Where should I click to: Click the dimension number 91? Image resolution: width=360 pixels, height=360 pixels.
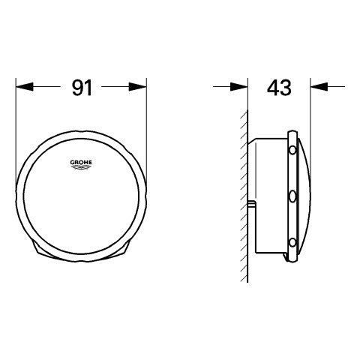click(x=82, y=88)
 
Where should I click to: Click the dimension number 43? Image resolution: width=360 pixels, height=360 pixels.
click(x=279, y=88)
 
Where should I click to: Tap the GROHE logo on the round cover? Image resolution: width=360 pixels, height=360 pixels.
click(x=81, y=164)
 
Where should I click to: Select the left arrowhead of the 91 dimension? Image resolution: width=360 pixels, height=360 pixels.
click(x=24, y=87)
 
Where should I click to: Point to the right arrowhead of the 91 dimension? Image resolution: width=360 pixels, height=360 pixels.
click(x=138, y=87)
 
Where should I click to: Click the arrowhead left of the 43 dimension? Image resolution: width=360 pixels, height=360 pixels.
click(x=239, y=87)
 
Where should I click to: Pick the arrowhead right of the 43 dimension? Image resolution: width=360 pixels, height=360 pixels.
click(x=319, y=87)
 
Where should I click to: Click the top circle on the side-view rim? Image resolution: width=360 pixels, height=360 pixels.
click(x=292, y=150)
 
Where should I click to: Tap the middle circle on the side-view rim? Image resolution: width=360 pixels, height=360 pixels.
click(x=292, y=196)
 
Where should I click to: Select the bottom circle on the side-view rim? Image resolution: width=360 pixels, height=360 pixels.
click(x=292, y=242)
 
